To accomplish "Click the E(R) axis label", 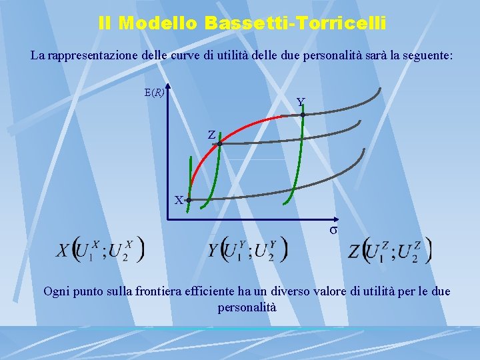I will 154,93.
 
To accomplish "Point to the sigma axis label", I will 333,230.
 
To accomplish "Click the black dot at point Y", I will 303,115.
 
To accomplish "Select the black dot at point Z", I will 219,144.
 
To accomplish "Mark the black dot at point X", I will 189,200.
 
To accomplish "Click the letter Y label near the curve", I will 301,102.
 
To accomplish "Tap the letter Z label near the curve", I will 211,135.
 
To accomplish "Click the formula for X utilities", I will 100,250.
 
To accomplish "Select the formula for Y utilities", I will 247,250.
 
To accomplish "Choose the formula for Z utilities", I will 390,251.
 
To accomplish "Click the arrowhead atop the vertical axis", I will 169,87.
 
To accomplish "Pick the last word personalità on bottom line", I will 247,307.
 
